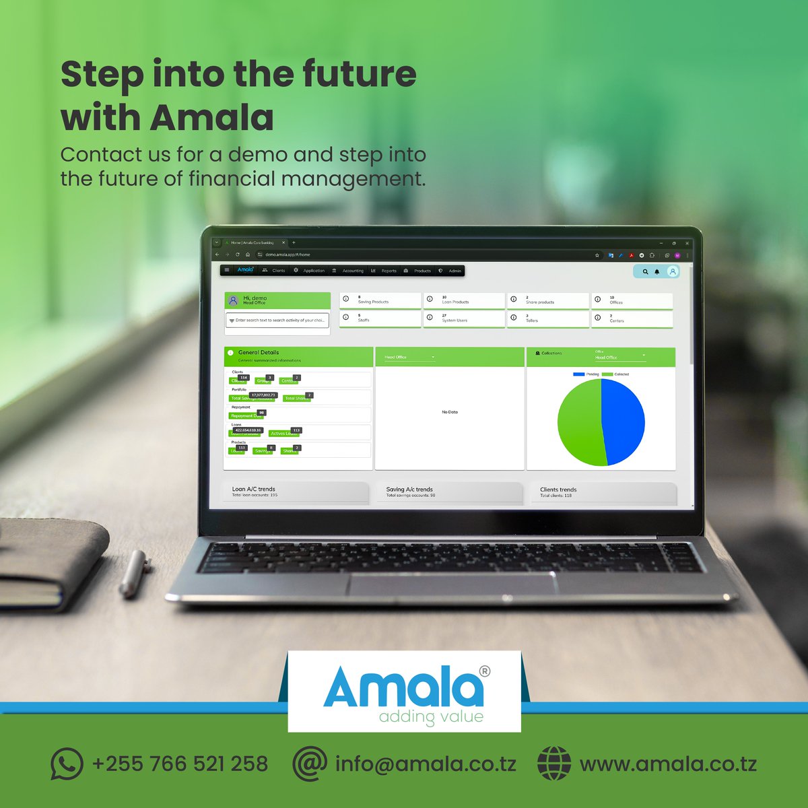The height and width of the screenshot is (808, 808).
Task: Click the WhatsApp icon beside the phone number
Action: [67, 764]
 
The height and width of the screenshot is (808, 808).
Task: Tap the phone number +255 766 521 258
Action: [180, 764]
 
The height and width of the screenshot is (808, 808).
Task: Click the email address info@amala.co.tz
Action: [426, 764]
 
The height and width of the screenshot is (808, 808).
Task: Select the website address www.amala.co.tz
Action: [668, 764]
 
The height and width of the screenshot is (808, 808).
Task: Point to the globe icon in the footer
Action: [553, 764]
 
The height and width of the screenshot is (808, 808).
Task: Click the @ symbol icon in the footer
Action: [310, 764]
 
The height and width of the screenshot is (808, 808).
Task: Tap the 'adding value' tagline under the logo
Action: [431, 716]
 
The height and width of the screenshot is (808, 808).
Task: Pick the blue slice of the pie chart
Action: [623, 419]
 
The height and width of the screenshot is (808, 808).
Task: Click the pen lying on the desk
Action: [135, 573]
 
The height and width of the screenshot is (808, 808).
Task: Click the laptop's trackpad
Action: [451, 584]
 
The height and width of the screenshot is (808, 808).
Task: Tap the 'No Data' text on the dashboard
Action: [449, 412]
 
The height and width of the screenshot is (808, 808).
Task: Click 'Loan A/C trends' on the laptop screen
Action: [253, 490]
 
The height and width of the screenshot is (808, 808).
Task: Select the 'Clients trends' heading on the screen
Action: [558, 490]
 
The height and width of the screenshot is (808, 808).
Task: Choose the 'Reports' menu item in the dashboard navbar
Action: [389, 271]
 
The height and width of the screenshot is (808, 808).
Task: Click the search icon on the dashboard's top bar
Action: [645, 271]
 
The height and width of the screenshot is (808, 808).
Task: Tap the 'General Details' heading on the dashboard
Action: [258, 352]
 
